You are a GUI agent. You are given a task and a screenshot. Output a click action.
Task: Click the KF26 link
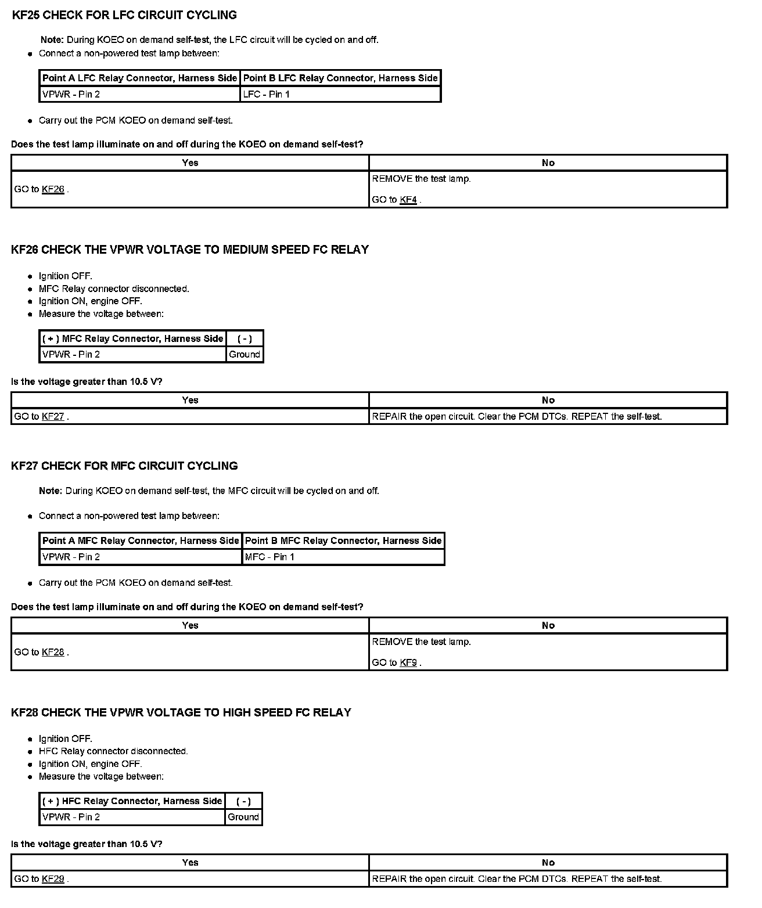[53, 189]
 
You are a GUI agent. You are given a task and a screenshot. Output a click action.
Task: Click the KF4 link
[408, 200]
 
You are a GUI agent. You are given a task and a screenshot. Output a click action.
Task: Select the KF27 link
[53, 416]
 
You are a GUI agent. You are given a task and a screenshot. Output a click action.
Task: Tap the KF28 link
[53, 652]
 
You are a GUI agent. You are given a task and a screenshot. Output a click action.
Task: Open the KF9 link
[408, 662]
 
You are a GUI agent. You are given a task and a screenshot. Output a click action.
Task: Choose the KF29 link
[53, 879]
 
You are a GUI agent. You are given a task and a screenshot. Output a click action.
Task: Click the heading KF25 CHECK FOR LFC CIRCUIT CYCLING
[124, 15]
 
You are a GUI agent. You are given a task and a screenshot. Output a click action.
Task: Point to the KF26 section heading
[190, 250]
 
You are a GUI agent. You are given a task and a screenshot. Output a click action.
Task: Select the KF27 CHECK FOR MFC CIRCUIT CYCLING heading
[124, 466]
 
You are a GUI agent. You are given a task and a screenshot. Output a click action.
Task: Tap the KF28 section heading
[181, 712]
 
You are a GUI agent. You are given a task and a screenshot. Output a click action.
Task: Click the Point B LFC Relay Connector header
[340, 78]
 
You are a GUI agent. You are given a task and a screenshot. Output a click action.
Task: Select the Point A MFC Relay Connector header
[141, 541]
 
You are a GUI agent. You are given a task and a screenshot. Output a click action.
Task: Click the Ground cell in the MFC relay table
[245, 354]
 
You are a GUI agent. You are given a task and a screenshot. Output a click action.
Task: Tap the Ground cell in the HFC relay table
[243, 817]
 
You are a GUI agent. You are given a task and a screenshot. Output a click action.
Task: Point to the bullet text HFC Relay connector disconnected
[113, 751]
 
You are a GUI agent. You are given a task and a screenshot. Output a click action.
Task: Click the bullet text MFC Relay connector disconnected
[114, 289]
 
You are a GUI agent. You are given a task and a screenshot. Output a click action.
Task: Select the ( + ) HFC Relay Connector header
[132, 801]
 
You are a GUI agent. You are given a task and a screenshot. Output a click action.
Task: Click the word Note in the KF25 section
[52, 40]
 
